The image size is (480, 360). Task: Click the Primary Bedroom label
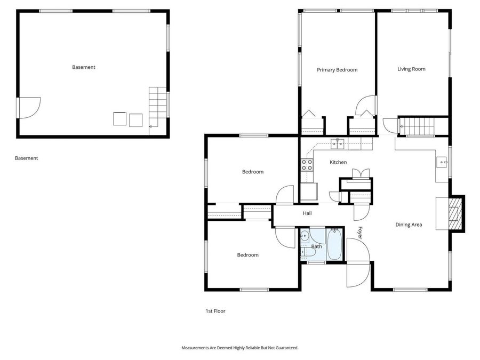point(337,70)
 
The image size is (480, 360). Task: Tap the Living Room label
point(411,69)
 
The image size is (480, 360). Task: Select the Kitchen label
point(338,162)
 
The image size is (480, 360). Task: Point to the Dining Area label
point(409,225)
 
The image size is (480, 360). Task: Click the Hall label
point(307,213)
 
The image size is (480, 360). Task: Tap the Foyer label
point(360,233)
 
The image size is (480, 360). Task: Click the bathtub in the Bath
point(334,245)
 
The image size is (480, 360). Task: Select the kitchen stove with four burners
point(307,165)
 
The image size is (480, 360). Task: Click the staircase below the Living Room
point(418,126)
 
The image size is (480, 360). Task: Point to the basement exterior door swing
point(29,107)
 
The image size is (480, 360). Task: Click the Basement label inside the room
point(84,67)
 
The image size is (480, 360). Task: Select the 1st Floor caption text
point(215,311)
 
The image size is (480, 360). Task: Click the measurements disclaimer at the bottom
point(240,347)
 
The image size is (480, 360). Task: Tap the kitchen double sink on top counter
point(337,142)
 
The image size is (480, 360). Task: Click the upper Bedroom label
point(253,172)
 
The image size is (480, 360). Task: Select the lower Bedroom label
point(247,255)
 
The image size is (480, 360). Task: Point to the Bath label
point(317,246)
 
